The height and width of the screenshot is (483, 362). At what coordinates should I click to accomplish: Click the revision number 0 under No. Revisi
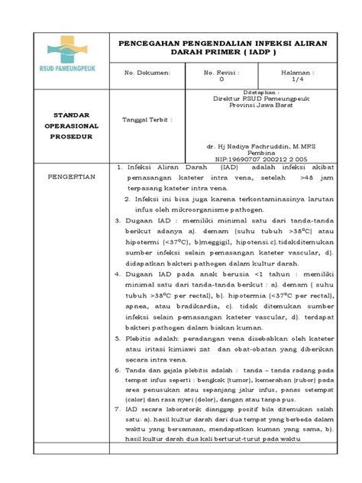click(221, 79)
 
